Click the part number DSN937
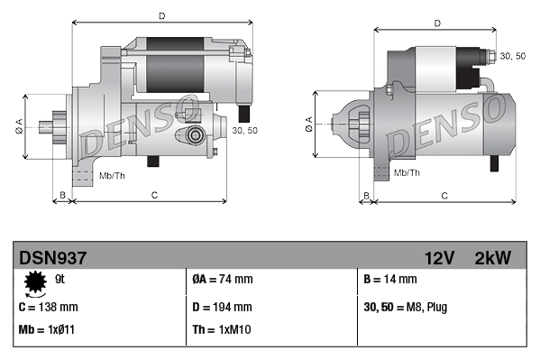pyautogui.click(x=52, y=258)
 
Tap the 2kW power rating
pyautogui.click(x=492, y=258)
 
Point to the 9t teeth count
pyautogui.click(x=59, y=279)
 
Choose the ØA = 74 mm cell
pyautogui.click(x=222, y=280)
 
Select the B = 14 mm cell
pyautogui.click(x=391, y=280)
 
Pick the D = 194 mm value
pyautogui.click(x=223, y=306)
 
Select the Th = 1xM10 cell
pyautogui.click(x=221, y=329)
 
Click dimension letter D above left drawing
pyautogui.click(x=161, y=15)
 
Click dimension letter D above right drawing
pyautogui.click(x=437, y=23)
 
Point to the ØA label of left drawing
pyautogui.click(x=18, y=125)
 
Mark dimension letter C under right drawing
pyautogui.click(x=445, y=195)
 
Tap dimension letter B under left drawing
pyautogui.click(x=61, y=195)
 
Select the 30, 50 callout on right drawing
pyautogui.click(x=512, y=56)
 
